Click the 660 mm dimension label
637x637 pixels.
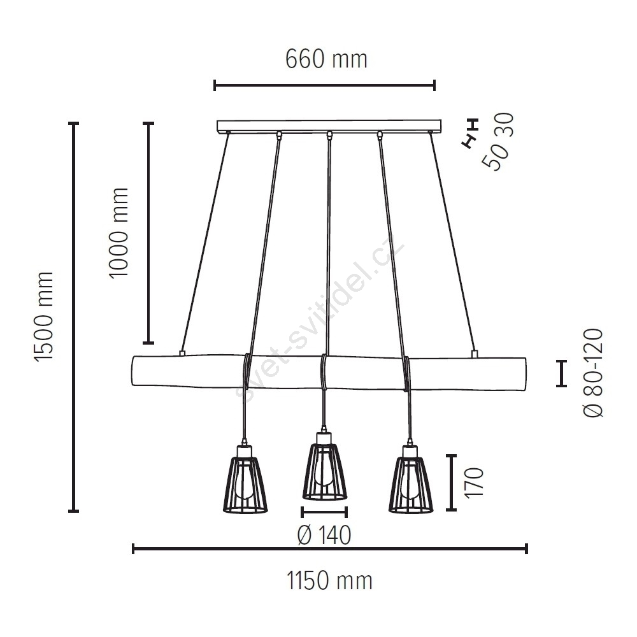[326, 59]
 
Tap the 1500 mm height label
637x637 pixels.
[44, 317]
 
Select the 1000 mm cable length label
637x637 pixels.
[118, 233]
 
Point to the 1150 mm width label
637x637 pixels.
[329, 580]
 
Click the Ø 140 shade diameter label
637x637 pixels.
[324, 535]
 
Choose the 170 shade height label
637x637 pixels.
[474, 482]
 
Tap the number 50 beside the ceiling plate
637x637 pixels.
[494, 157]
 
